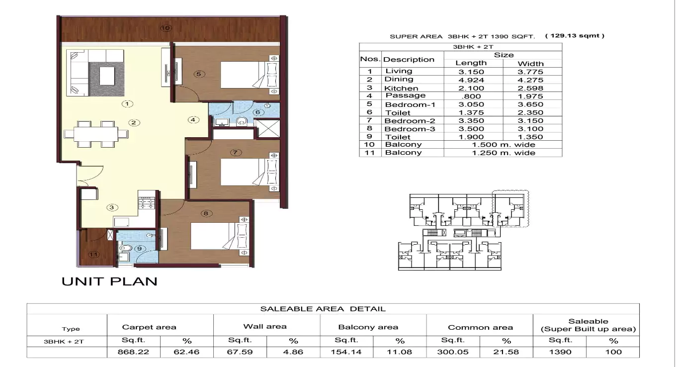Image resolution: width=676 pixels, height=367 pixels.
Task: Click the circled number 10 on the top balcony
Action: (x=166, y=28)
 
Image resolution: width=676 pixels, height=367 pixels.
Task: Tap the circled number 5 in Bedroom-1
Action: (x=198, y=74)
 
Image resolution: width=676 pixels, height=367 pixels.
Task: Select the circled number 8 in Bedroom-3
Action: (x=206, y=214)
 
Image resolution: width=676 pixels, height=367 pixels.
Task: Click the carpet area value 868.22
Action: (x=133, y=352)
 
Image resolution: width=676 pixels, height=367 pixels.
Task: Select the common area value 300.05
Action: (x=453, y=352)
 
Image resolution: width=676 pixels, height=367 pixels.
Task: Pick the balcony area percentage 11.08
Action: (x=400, y=352)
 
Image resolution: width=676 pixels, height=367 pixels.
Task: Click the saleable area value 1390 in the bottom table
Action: (x=559, y=352)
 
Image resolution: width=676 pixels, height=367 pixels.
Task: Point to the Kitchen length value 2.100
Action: (x=471, y=88)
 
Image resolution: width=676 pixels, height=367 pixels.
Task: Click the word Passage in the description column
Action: (x=405, y=95)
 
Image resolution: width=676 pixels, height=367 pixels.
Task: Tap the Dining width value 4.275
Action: (x=530, y=80)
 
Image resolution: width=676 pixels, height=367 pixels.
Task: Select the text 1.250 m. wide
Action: (x=503, y=153)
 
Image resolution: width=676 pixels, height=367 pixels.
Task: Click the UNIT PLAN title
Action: (x=109, y=281)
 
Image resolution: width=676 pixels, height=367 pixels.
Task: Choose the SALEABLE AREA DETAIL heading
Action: (x=323, y=309)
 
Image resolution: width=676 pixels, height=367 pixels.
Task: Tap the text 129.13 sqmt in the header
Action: (x=575, y=36)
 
